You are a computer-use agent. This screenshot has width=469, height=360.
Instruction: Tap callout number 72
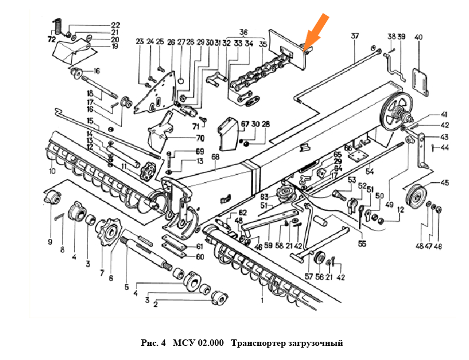pos(51,39)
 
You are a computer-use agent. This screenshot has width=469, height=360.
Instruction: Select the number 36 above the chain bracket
pos(244,31)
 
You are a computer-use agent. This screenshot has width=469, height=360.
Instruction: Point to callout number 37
pos(355,36)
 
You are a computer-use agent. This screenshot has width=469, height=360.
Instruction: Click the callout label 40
pos(418,38)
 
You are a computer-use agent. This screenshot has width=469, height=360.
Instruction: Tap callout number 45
pos(445,182)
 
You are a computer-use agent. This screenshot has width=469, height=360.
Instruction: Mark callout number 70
pos(200,139)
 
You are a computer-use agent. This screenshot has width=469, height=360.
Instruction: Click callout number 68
pos(215,157)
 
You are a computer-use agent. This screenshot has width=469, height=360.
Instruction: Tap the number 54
pos(370,171)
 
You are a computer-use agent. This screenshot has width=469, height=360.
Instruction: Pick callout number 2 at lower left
pos(155,304)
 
